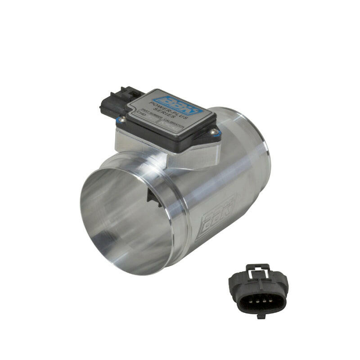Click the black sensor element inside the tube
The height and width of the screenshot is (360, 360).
tap(154, 198)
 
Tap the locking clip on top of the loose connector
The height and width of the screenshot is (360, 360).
tap(258, 270)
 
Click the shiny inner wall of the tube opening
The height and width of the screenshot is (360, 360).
tap(117, 225)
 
